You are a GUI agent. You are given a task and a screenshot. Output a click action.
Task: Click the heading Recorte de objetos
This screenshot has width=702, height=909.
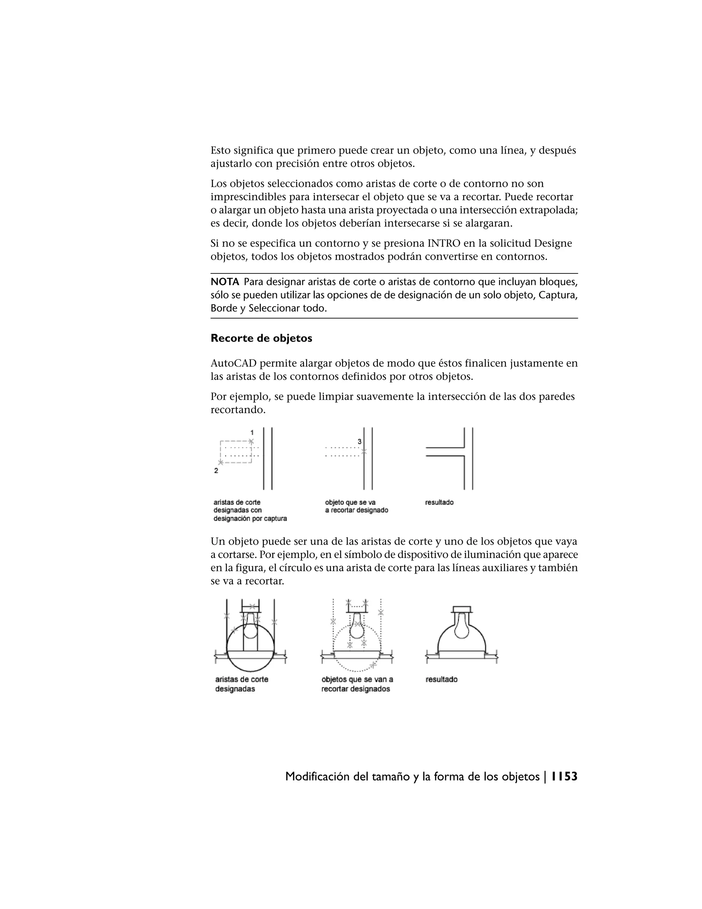coord(261,338)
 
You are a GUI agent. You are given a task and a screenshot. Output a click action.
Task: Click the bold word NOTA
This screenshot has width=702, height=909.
coord(225,282)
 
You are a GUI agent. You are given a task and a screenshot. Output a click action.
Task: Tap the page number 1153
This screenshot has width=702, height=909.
coord(564,777)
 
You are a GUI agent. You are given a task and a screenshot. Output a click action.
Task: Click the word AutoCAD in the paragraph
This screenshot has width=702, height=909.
coord(233,363)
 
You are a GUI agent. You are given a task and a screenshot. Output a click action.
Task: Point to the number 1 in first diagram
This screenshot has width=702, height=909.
coord(252,433)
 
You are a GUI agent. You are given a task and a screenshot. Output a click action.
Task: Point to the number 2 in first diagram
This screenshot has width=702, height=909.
coord(216,471)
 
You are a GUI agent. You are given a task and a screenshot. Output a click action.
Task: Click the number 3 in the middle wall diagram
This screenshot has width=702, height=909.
coord(359,441)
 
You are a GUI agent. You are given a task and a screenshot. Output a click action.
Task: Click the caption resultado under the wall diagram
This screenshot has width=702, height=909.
coord(439,503)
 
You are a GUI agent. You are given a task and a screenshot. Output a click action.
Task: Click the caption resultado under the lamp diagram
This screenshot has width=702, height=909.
coord(441,680)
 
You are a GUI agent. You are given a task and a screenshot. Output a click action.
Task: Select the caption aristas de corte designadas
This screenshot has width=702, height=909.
coord(241,684)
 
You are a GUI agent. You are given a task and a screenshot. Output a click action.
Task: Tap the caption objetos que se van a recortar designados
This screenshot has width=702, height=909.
coord(356,684)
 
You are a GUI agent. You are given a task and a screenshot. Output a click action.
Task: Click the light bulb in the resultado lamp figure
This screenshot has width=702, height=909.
coord(462,628)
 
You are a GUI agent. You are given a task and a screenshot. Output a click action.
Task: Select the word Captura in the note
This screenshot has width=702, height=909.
coord(560,295)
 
